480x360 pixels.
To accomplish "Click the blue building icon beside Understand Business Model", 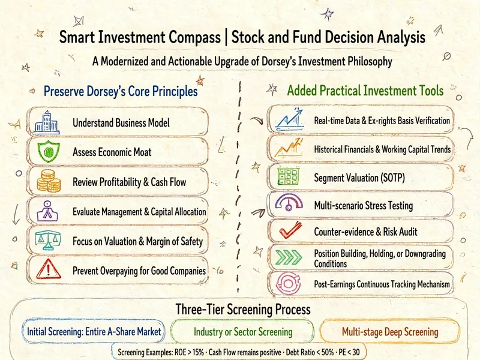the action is (x=46, y=122).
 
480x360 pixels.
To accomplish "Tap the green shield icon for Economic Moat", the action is (x=49, y=151).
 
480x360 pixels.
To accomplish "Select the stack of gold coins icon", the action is (x=49, y=181).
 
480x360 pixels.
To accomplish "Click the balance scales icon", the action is (x=48, y=241).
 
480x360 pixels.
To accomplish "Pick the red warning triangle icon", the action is (x=49, y=269).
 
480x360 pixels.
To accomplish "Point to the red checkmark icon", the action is (x=290, y=230).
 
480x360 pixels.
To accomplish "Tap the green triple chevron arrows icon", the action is (x=289, y=257).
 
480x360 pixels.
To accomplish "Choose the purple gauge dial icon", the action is (x=289, y=202).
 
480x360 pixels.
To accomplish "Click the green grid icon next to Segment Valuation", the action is (x=288, y=176).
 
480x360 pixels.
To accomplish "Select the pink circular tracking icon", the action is (x=288, y=283).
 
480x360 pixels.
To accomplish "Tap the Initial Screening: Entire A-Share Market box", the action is (x=94, y=331).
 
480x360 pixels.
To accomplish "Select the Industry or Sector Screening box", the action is (x=242, y=332).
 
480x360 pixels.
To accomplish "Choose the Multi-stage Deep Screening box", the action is (x=390, y=332).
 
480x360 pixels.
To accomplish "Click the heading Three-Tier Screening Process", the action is (x=243, y=309).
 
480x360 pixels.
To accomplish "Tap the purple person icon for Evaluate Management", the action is (x=47, y=211).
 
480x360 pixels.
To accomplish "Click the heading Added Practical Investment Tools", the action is (x=365, y=91).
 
